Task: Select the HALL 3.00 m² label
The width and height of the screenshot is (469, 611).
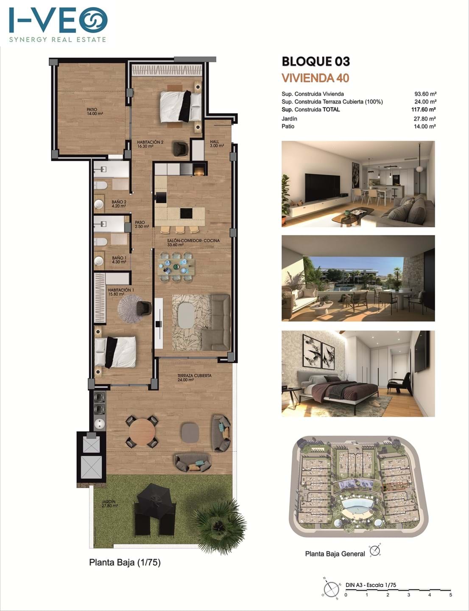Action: pyautogui.click(x=217, y=144)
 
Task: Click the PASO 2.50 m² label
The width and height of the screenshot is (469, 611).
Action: pyautogui.click(x=142, y=224)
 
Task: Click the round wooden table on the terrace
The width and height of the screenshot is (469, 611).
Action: pyautogui.click(x=142, y=432)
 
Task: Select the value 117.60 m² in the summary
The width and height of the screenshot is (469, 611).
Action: pyautogui.click(x=424, y=109)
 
